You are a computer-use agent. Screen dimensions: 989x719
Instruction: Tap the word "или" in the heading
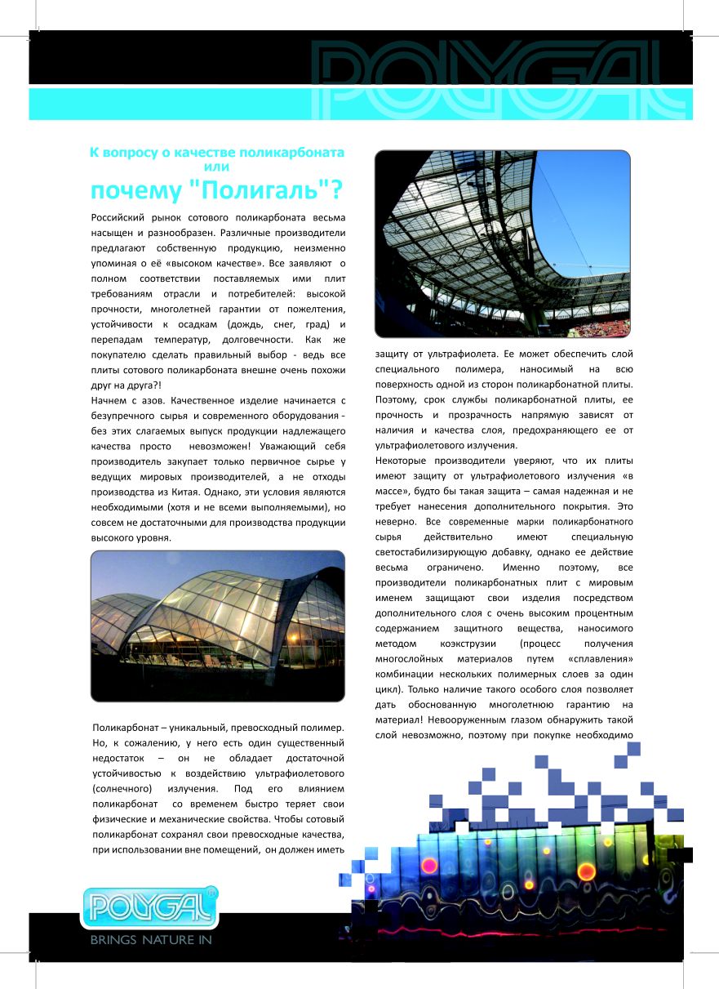pyautogui.click(x=217, y=166)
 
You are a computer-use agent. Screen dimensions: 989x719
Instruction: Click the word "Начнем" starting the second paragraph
pyautogui.click(x=110, y=401)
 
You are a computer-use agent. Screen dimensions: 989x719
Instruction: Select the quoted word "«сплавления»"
pyautogui.click(x=599, y=659)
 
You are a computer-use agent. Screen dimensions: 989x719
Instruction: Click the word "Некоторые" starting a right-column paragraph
pyautogui.click(x=402, y=460)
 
